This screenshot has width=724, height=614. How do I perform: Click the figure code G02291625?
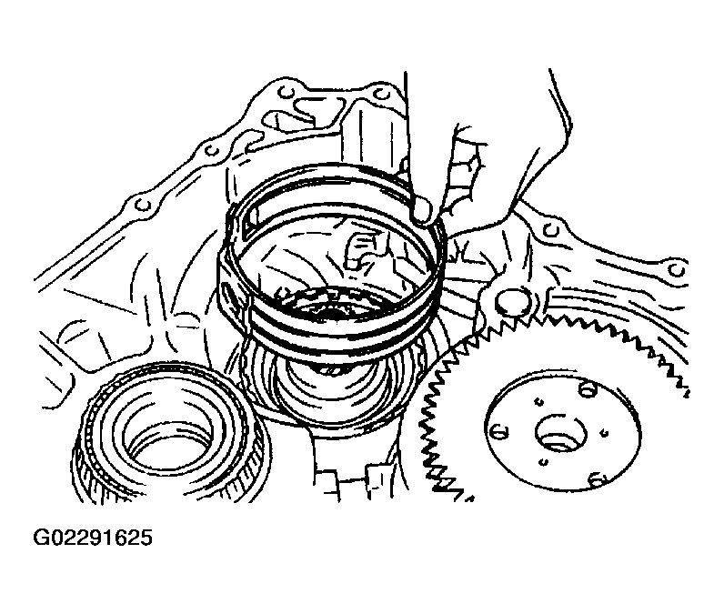click(93, 538)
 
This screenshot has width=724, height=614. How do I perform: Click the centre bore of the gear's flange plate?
click(560, 434)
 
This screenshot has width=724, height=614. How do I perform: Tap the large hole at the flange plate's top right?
click(588, 390)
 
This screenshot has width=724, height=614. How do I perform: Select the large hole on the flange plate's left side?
click(497, 433)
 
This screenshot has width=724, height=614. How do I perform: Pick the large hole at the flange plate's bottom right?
click(597, 480)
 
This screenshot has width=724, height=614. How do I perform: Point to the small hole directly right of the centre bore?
click(605, 433)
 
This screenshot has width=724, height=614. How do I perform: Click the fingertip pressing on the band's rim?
click(422, 211)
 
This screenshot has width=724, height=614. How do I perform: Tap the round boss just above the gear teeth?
click(512, 303)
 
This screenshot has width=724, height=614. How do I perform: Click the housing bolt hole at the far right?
click(677, 269)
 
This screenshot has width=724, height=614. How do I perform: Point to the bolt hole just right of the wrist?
click(549, 229)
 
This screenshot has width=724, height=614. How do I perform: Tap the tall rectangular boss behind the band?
click(369, 138)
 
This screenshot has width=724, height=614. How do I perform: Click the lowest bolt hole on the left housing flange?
click(142, 204)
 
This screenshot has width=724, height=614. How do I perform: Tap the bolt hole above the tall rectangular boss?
click(380, 95)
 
